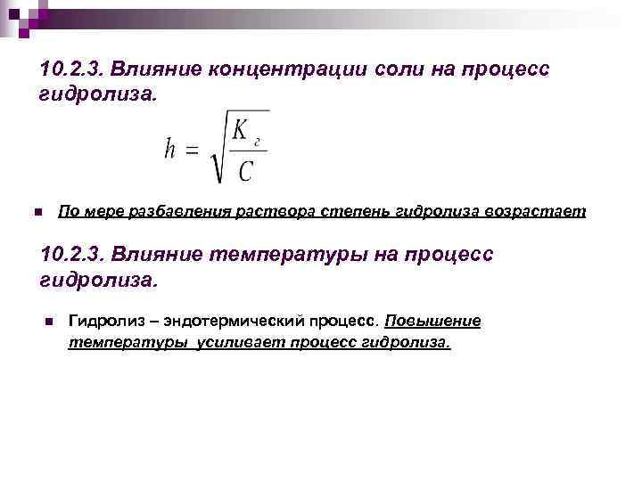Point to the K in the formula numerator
click(241, 131)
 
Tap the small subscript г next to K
click(258, 140)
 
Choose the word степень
click(331, 212)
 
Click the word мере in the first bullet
click(99, 212)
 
